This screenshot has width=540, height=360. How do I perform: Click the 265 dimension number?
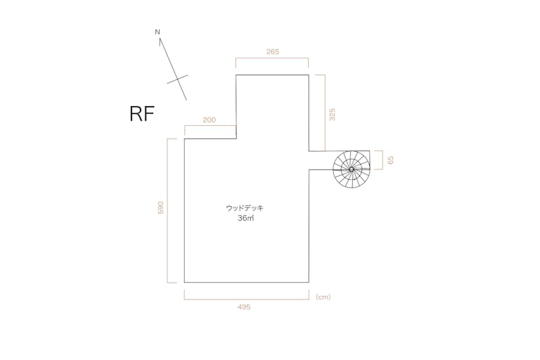(272, 51)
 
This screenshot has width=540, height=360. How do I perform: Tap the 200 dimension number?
(210, 120)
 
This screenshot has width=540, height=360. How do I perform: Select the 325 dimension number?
(332, 115)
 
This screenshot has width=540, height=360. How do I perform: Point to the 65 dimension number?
(390, 160)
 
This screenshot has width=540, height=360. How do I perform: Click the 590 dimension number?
(160, 207)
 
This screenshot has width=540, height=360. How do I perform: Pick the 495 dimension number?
(244, 307)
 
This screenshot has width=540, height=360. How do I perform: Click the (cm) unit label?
(323, 297)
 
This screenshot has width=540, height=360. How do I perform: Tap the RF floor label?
(142, 114)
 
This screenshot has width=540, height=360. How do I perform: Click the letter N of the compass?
(157, 32)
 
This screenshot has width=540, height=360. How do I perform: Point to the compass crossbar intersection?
(178, 79)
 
